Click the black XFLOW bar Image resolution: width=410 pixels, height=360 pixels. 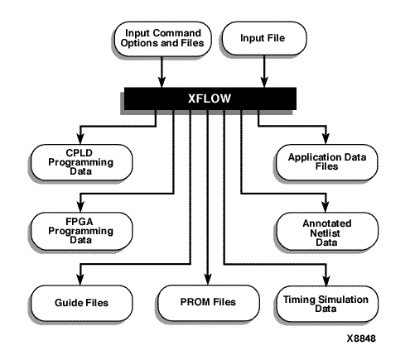pos(210,98)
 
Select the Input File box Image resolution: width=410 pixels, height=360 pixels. pos(264,38)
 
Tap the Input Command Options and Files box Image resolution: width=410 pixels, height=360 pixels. pos(162,39)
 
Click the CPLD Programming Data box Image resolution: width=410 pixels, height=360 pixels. pos(81,162)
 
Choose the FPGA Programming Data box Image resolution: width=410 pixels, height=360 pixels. pos(81,231)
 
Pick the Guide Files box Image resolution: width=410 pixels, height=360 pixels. pos(81,303)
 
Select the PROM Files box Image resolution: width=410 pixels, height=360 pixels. pos(209,303)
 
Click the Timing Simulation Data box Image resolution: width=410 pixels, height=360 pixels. pos(327,304)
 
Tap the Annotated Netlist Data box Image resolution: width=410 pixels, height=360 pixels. pos(327,232)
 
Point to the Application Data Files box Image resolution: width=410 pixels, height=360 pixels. pos(326,162)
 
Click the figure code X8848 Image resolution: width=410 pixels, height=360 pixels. pos(361,338)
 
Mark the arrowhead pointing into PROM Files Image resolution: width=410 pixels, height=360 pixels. pos(209,279)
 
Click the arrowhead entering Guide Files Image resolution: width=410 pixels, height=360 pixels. pos(80,280)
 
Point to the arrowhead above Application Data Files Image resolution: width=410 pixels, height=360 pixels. pos(326,139)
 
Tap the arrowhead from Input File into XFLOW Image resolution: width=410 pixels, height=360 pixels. pos(264,82)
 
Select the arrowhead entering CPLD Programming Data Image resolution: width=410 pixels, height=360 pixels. pos(80,139)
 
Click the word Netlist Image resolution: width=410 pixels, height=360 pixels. pos(325,233)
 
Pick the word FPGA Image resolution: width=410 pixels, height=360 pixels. pos(80,222)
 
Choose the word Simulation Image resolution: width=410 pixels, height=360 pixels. pos(343,300)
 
